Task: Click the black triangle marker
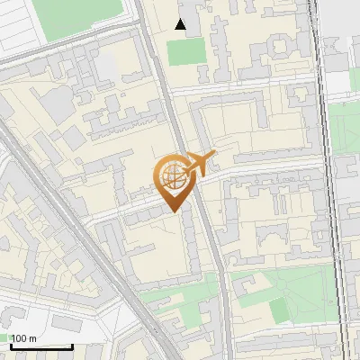(181, 24)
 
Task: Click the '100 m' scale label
(23, 338)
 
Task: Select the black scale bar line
(40, 346)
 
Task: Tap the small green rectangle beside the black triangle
(186, 51)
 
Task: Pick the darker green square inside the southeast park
(280, 309)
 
